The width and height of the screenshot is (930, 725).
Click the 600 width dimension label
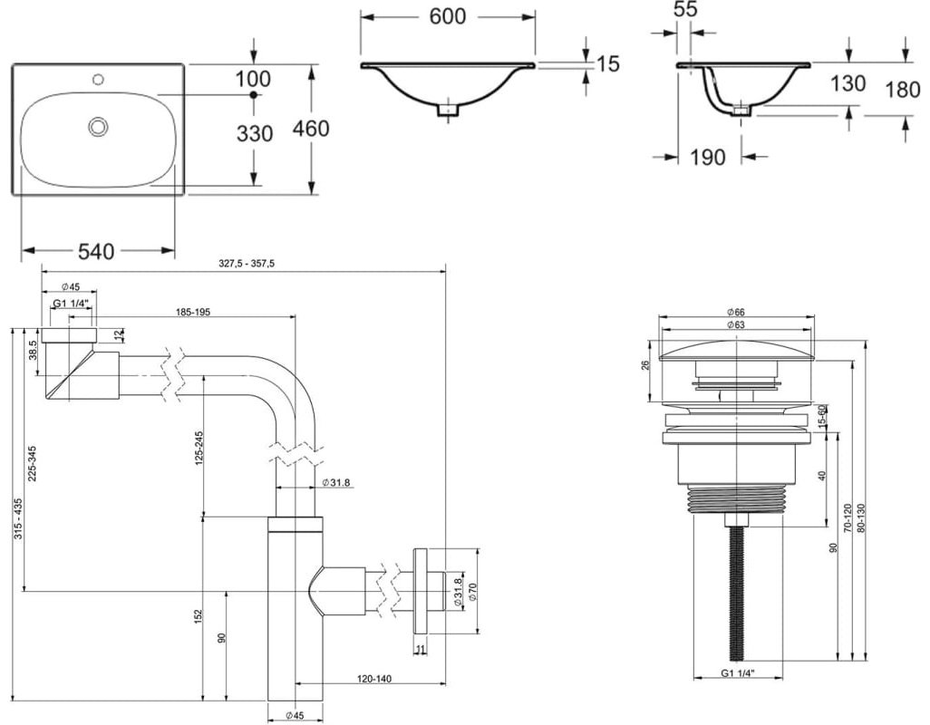click(447, 16)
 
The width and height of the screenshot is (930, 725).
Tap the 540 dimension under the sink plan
click(96, 252)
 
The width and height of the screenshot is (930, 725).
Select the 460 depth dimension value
click(311, 129)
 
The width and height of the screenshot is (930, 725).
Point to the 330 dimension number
click(255, 134)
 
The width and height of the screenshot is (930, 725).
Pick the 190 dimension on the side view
click(708, 157)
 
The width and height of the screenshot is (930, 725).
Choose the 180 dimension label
click(903, 90)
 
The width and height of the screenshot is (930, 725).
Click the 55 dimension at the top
click(685, 9)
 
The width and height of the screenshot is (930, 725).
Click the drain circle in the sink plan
click(98, 126)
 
